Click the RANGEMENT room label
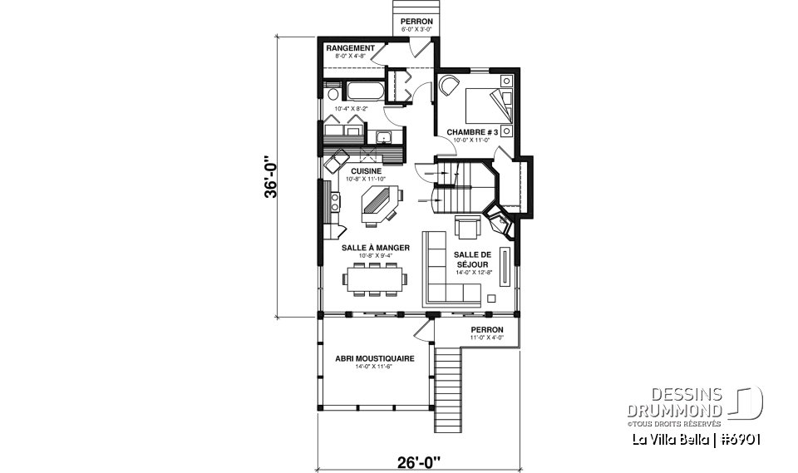point(350,48)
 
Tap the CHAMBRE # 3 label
point(471,132)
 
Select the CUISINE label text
point(365,171)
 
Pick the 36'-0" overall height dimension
point(268,178)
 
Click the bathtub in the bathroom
point(362,91)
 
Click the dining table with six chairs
point(376,278)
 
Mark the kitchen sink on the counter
point(384,137)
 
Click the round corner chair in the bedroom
point(449,85)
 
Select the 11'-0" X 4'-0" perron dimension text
point(487,338)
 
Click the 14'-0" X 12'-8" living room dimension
point(473,272)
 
